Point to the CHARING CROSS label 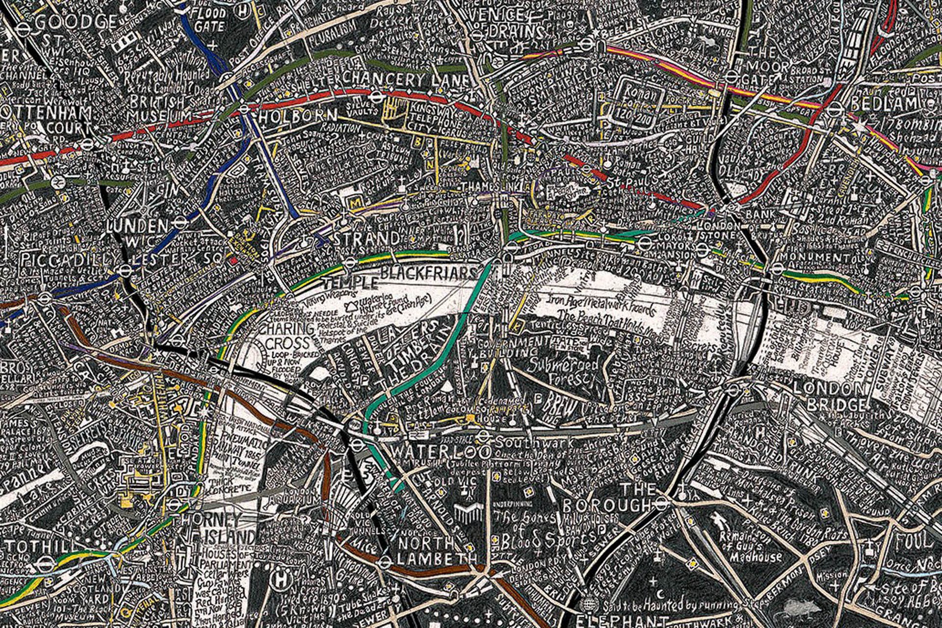pyautogui.click(x=288, y=336)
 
